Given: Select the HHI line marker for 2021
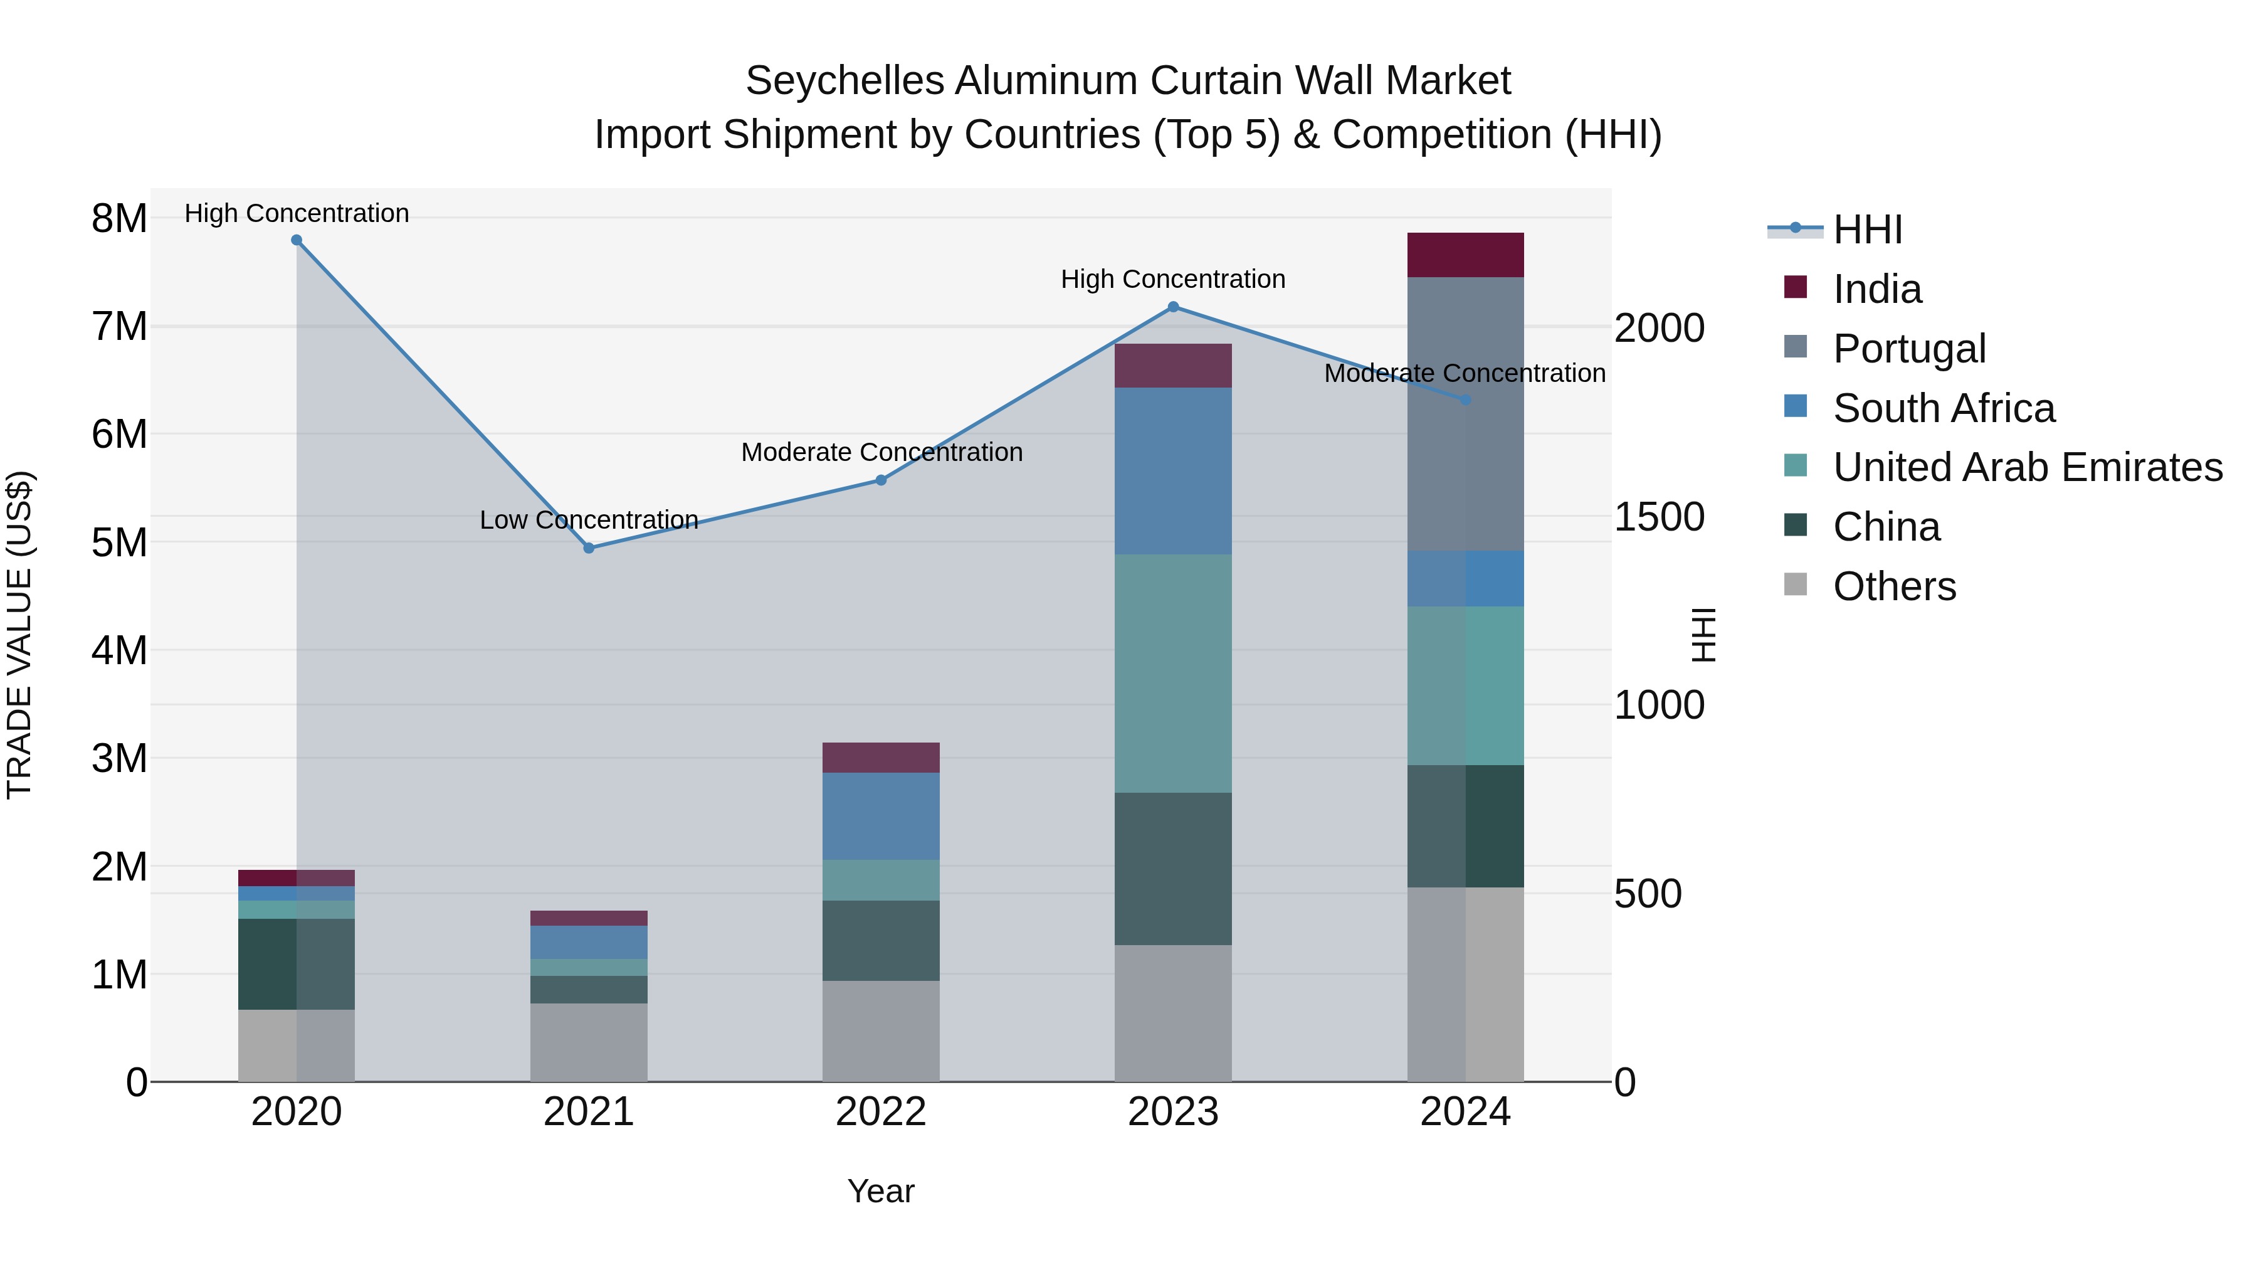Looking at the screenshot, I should coord(589,548).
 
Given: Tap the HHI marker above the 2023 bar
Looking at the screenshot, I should coord(1173,307).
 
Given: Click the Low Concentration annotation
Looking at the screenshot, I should coord(589,520).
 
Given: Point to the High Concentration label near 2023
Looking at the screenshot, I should coord(1172,280).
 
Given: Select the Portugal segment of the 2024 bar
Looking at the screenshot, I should coord(1465,414).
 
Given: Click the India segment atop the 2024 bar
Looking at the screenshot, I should coord(1465,255).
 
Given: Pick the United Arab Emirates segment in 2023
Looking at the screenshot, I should coord(1172,673).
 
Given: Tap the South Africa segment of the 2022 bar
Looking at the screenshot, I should coord(881,816).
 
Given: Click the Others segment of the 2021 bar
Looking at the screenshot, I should coord(589,1042).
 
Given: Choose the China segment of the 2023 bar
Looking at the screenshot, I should coord(1172,869).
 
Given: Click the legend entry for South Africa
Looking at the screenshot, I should coord(1944,408).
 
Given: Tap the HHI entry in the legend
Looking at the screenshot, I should coord(1866,230).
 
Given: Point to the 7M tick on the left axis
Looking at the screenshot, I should coord(119,327).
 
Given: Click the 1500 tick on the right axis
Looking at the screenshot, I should coord(1658,517).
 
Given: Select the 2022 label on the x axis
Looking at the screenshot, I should coord(881,1112).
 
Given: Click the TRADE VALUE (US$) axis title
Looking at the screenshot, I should coord(19,635).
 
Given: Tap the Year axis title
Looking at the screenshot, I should coord(881,1191).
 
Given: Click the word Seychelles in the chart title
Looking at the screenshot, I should coord(844,81).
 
